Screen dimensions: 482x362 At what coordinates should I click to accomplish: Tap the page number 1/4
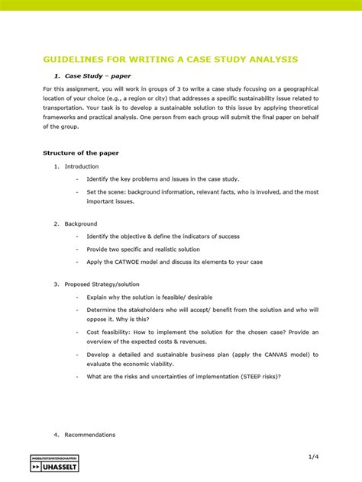(313, 456)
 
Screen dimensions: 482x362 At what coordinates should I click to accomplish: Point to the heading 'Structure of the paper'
(80, 153)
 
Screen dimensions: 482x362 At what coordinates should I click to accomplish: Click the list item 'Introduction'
(81, 166)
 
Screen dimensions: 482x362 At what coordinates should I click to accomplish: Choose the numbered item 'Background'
(81, 223)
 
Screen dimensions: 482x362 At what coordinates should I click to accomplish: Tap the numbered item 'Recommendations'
(89, 435)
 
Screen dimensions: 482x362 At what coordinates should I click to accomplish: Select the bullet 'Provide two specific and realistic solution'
(143, 249)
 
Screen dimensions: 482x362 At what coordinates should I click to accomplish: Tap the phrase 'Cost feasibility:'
(108, 333)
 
